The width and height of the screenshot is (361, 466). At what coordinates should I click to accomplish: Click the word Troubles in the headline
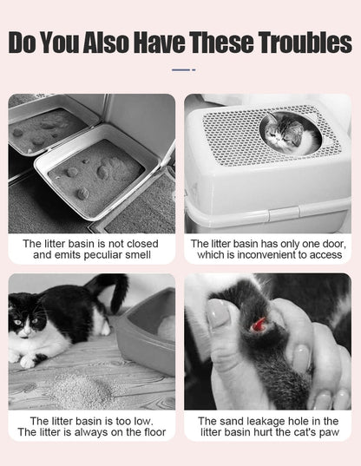pyautogui.click(x=305, y=43)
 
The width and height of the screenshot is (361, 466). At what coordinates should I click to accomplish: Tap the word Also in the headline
pyautogui.click(x=106, y=43)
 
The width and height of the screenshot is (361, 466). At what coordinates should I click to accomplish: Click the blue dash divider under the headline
pyautogui.click(x=183, y=70)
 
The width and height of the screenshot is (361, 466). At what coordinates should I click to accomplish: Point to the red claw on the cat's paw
pyautogui.click(x=259, y=324)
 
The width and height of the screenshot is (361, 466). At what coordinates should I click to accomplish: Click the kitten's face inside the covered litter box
pyautogui.click(x=284, y=133)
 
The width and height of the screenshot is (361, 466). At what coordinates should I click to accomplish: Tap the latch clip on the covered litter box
pyautogui.click(x=284, y=214)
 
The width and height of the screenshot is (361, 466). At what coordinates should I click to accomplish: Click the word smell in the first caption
pyautogui.click(x=138, y=255)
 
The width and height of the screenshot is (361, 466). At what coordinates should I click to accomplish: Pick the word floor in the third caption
pyautogui.click(x=154, y=432)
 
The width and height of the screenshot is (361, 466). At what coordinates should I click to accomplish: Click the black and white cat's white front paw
pyautogui.click(x=26, y=362)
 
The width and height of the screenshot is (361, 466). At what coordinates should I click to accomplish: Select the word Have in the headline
pyautogui.click(x=159, y=43)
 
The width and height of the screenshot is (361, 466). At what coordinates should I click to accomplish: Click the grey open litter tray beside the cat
pyautogui.click(x=147, y=330)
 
